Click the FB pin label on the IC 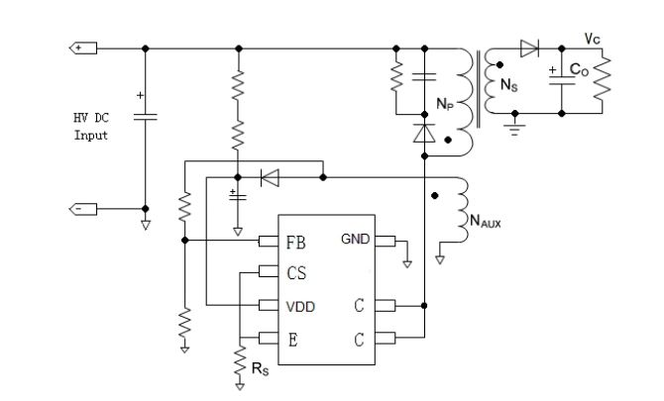[294, 240]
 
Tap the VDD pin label [299, 307]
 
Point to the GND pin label [356, 239]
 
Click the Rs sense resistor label [258, 369]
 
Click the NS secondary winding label [506, 86]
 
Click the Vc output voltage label [592, 38]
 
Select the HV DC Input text [90, 127]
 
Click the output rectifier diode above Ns [529, 48]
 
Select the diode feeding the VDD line [269, 177]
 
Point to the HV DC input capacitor [145, 116]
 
